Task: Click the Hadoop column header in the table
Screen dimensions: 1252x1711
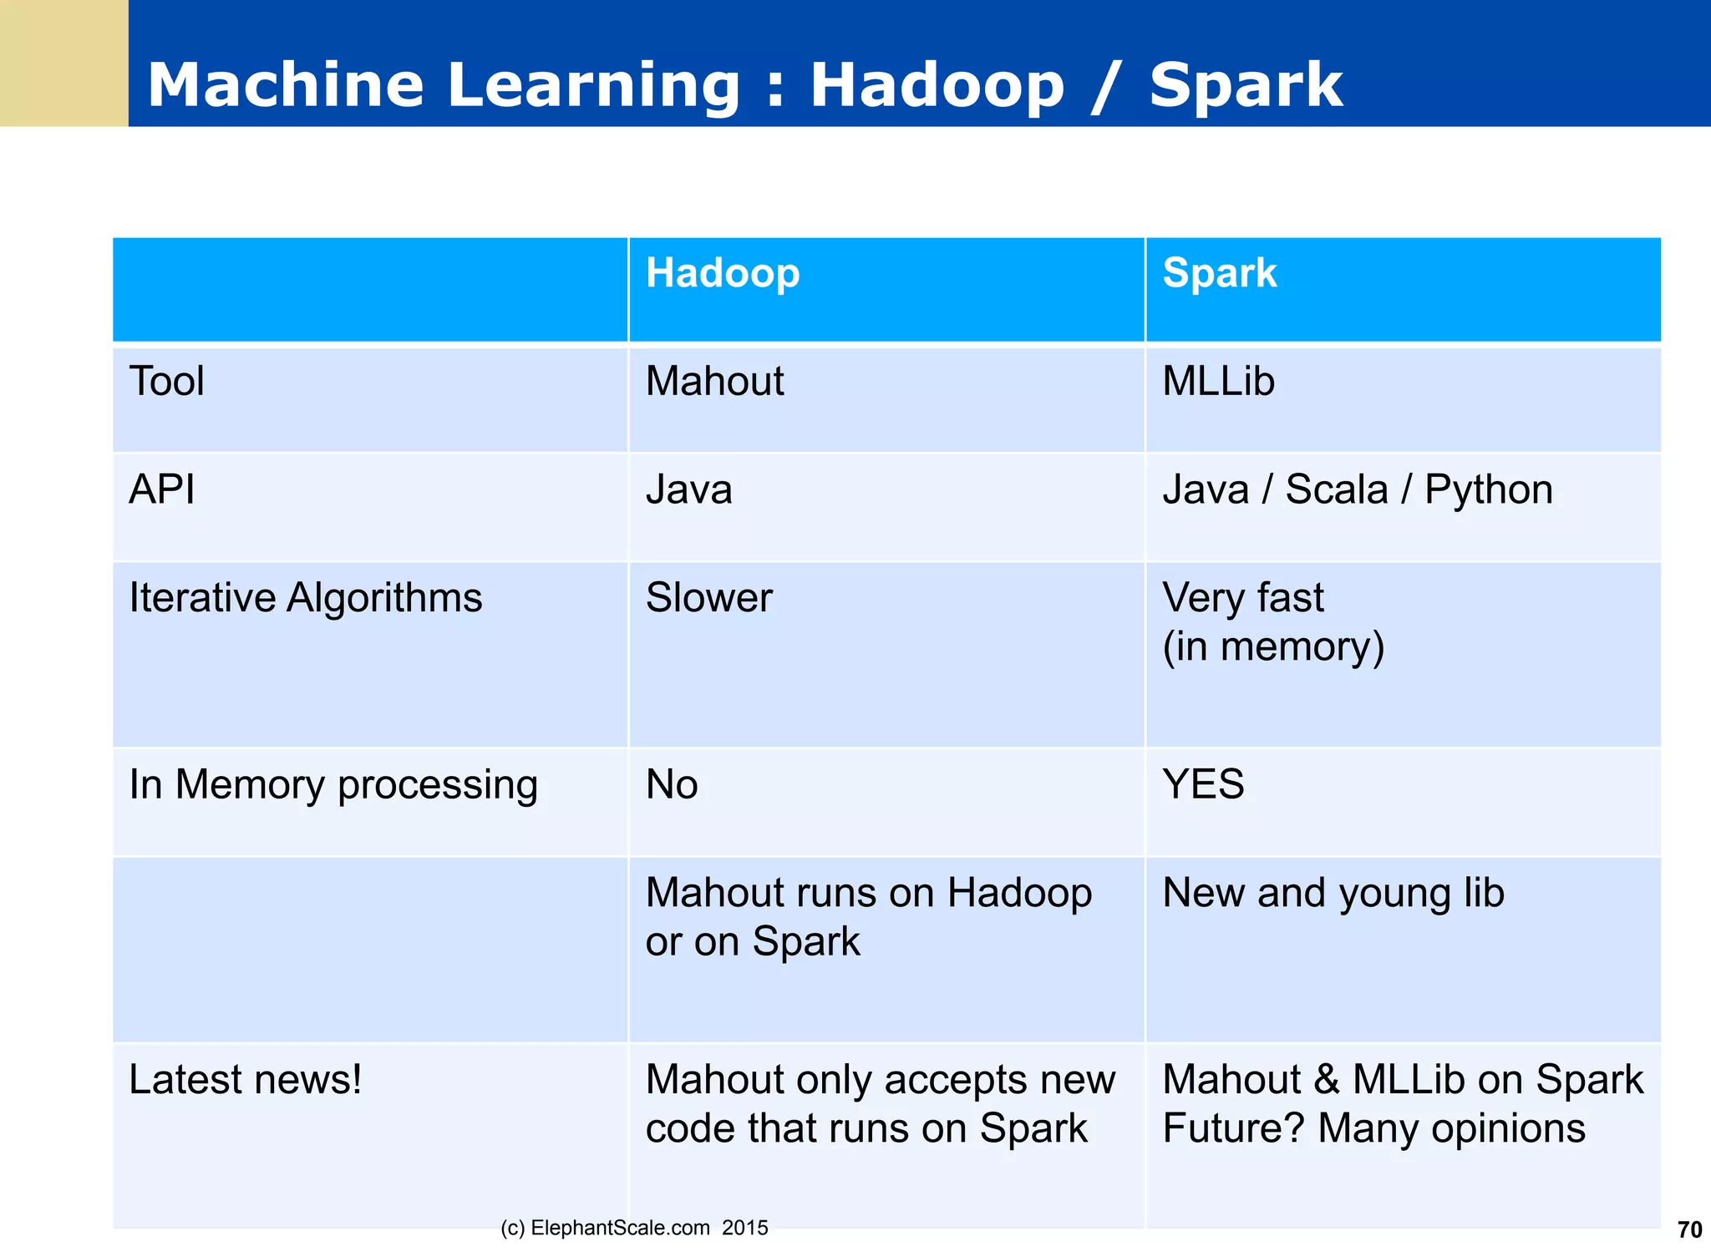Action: click(723, 274)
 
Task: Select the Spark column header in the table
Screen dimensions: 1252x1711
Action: click(1219, 274)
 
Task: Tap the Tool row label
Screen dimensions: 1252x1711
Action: click(166, 382)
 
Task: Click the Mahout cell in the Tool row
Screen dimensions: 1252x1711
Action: click(714, 382)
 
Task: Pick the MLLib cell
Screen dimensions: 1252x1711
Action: click(1218, 382)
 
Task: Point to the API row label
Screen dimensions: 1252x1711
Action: click(162, 489)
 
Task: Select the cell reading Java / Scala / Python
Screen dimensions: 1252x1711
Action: click(1357, 489)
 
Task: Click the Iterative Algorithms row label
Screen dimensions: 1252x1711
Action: click(306, 598)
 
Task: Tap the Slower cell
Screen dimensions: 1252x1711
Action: click(708, 598)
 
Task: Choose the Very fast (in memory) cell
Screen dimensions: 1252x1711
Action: click(1272, 622)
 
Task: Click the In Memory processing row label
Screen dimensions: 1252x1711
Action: click(333, 785)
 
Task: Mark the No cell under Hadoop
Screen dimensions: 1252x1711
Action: click(672, 785)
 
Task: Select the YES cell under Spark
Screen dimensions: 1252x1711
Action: click(1203, 785)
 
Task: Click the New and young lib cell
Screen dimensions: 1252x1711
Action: click(1333, 893)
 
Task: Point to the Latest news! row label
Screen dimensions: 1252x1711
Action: click(246, 1080)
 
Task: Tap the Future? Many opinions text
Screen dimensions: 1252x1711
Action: click(1373, 1128)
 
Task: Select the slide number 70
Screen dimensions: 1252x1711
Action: click(1689, 1229)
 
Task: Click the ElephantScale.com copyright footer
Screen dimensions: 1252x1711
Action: click(634, 1228)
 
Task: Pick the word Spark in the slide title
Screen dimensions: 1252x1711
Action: click(1246, 85)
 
